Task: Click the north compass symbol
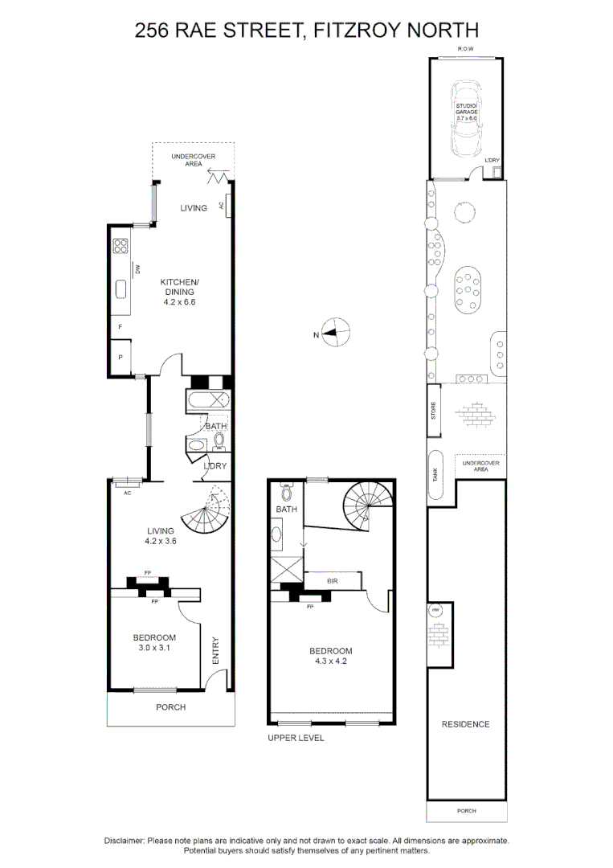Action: click(x=337, y=333)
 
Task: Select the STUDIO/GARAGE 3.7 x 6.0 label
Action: click(x=467, y=112)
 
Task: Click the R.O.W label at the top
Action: click(x=466, y=50)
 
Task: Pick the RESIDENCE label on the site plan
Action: click(x=465, y=724)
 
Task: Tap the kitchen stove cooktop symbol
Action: click(x=121, y=246)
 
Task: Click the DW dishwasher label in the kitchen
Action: click(x=138, y=270)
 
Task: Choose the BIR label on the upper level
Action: click(x=331, y=579)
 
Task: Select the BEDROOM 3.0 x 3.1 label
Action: click(x=154, y=643)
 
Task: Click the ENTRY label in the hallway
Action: click(x=215, y=650)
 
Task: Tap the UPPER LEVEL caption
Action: click(x=296, y=738)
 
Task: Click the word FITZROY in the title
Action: click(x=347, y=31)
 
